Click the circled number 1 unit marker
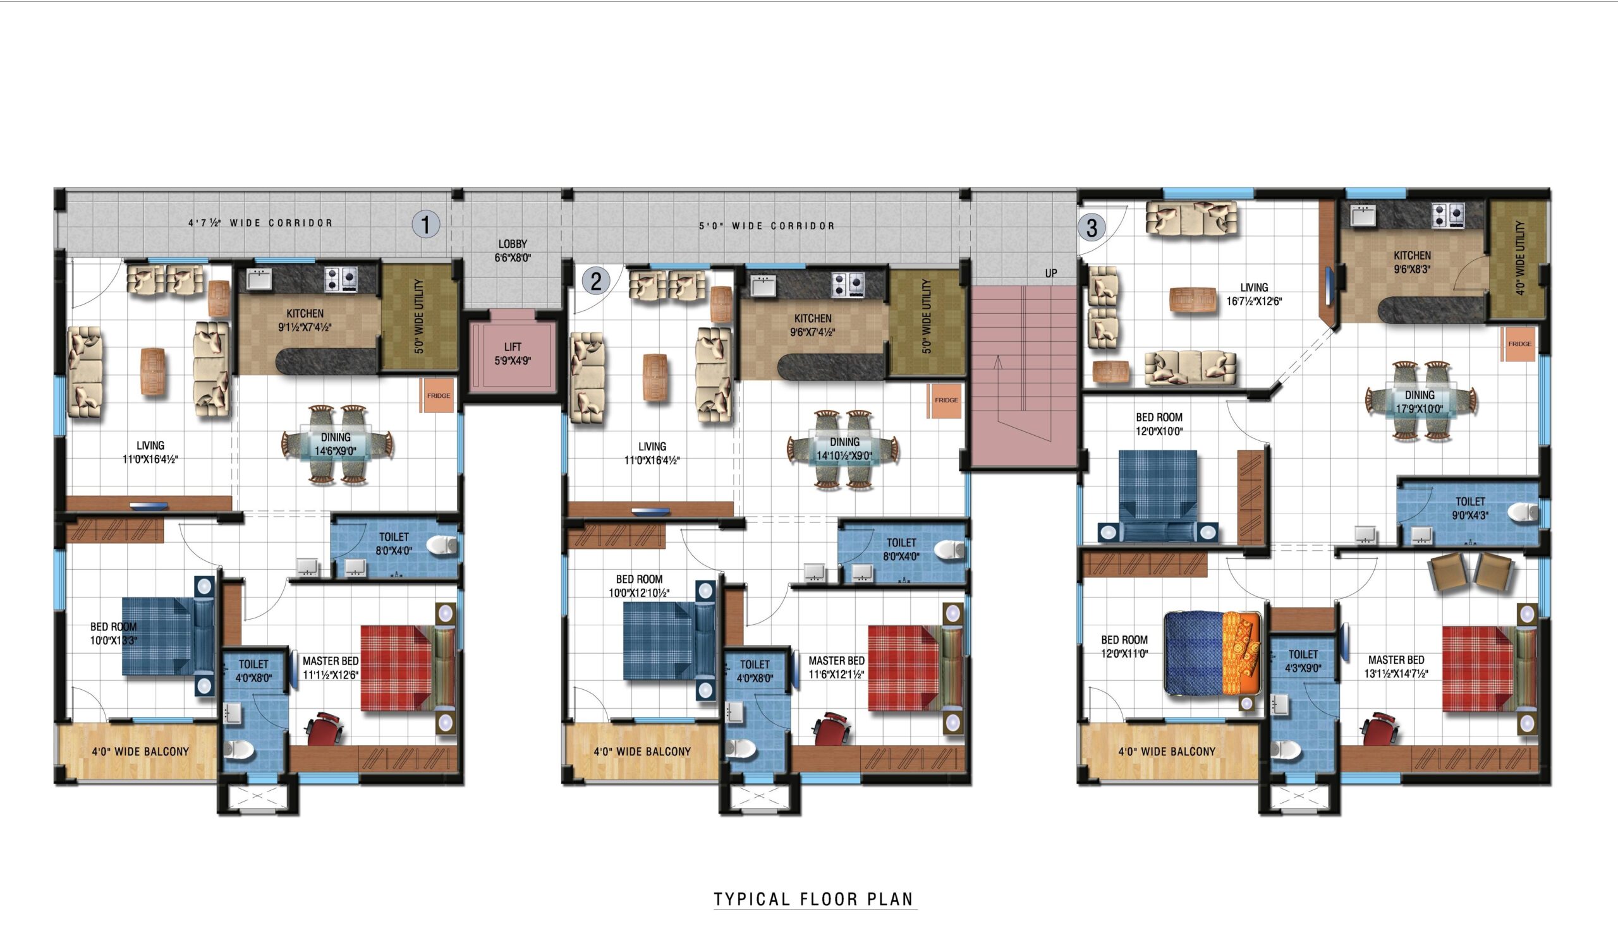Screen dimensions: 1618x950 pos(426,225)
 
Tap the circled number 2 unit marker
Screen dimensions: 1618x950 pos(597,281)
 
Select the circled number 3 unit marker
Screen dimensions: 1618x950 pos(1092,228)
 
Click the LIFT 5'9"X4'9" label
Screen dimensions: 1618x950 pos(513,354)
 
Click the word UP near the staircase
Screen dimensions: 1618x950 pos(1051,274)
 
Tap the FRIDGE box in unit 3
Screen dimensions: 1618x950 pos(1519,344)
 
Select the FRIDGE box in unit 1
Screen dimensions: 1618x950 pos(438,395)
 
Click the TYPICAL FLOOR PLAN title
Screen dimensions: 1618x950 pos(814,899)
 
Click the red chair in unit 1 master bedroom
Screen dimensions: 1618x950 pos(325,728)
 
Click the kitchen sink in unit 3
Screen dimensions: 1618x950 pos(1363,216)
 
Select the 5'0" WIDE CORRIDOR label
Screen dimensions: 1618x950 pos(767,226)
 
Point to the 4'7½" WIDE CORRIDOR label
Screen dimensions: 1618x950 pos(260,224)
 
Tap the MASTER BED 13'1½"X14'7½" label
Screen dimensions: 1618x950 pos(1396,667)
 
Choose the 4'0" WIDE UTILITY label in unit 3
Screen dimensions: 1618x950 pos(1519,258)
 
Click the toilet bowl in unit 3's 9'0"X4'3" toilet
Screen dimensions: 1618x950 pos(1524,512)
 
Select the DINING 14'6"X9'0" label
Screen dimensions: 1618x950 pos(335,444)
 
